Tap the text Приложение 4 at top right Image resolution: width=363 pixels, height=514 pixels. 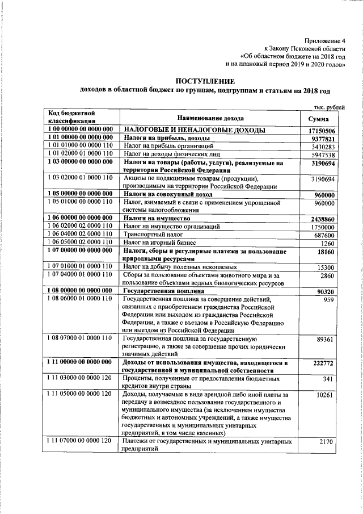(324, 40)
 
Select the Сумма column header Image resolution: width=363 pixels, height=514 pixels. (319, 118)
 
